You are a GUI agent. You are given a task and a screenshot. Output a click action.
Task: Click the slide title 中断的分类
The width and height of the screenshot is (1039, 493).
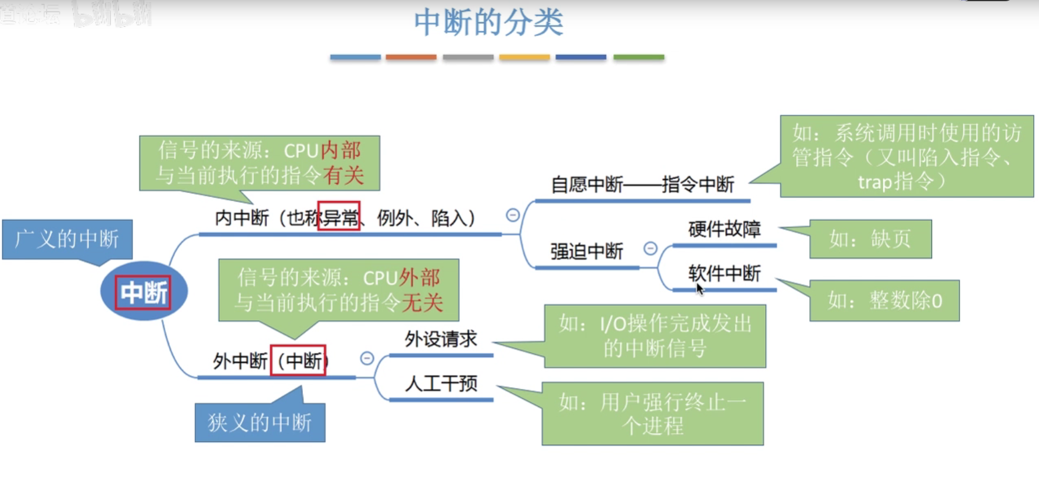click(x=488, y=23)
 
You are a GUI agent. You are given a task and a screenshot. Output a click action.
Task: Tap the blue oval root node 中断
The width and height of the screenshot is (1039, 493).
click(x=144, y=292)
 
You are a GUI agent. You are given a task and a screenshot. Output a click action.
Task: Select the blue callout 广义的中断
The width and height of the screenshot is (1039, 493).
click(x=67, y=239)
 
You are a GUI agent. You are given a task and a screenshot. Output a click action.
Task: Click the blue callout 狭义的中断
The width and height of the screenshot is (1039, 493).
click(x=260, y=422)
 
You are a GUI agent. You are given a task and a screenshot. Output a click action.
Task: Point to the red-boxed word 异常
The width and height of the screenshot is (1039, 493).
click(x=339, y=217)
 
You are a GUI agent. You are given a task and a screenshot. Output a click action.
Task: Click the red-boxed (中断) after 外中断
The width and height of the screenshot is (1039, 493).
click(x=298, y=360)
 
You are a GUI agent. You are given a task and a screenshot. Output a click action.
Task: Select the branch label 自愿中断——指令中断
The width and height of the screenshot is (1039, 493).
click(x=642, y=185)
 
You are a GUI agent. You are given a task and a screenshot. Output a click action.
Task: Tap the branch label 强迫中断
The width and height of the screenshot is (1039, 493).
click(x=586, y=252)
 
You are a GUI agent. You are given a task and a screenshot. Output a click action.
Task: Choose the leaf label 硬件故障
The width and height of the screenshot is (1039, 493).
click(x=724, y=229)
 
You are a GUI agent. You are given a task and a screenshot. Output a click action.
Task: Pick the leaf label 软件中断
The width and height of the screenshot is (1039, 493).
click(x=724, y=273)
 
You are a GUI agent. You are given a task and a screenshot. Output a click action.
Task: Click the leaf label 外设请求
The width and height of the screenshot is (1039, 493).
click(x=441, y=339)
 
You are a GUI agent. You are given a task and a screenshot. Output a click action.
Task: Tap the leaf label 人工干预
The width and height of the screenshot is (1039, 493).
click(x=441, y=384)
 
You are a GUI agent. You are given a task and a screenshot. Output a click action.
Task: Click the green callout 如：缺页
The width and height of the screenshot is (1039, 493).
click(x=870, y=239)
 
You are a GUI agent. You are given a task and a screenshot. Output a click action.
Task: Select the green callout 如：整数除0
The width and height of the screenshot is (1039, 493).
click(x=884, y=301)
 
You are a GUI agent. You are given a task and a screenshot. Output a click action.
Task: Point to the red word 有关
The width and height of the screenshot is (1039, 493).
click(x=344, y=175)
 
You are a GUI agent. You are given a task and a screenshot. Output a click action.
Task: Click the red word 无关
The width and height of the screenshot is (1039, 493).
click(x=423, y=302)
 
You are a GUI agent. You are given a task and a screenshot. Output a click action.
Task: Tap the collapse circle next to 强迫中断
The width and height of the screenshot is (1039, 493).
click(x=651, y=249)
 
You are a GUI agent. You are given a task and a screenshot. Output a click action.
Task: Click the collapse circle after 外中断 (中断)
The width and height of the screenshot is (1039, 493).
click(x=367, y=358)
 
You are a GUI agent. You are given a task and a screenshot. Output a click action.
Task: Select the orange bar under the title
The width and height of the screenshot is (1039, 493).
click(x=410, y=57)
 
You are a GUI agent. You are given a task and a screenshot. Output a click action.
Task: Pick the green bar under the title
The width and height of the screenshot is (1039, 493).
click(x=638, y=57)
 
